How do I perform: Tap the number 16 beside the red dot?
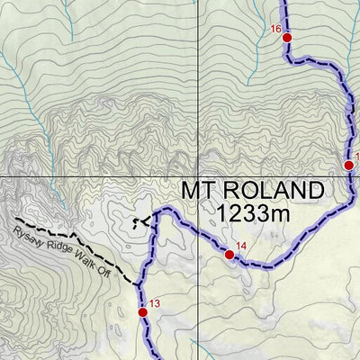click(x=276, y=30)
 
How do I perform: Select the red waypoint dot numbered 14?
click(x=229, y=255)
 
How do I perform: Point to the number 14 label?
click(x=240, y=246)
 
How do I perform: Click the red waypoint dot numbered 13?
click(x=142, y=311)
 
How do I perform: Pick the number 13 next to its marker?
click(x=154, y=303)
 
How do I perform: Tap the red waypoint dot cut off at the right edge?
click(x=348, y=165)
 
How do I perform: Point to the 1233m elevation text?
click(x=256, y=213)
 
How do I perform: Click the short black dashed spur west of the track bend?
click(x=139, y=221)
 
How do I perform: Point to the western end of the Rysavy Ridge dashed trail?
click(x=16, y=219)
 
